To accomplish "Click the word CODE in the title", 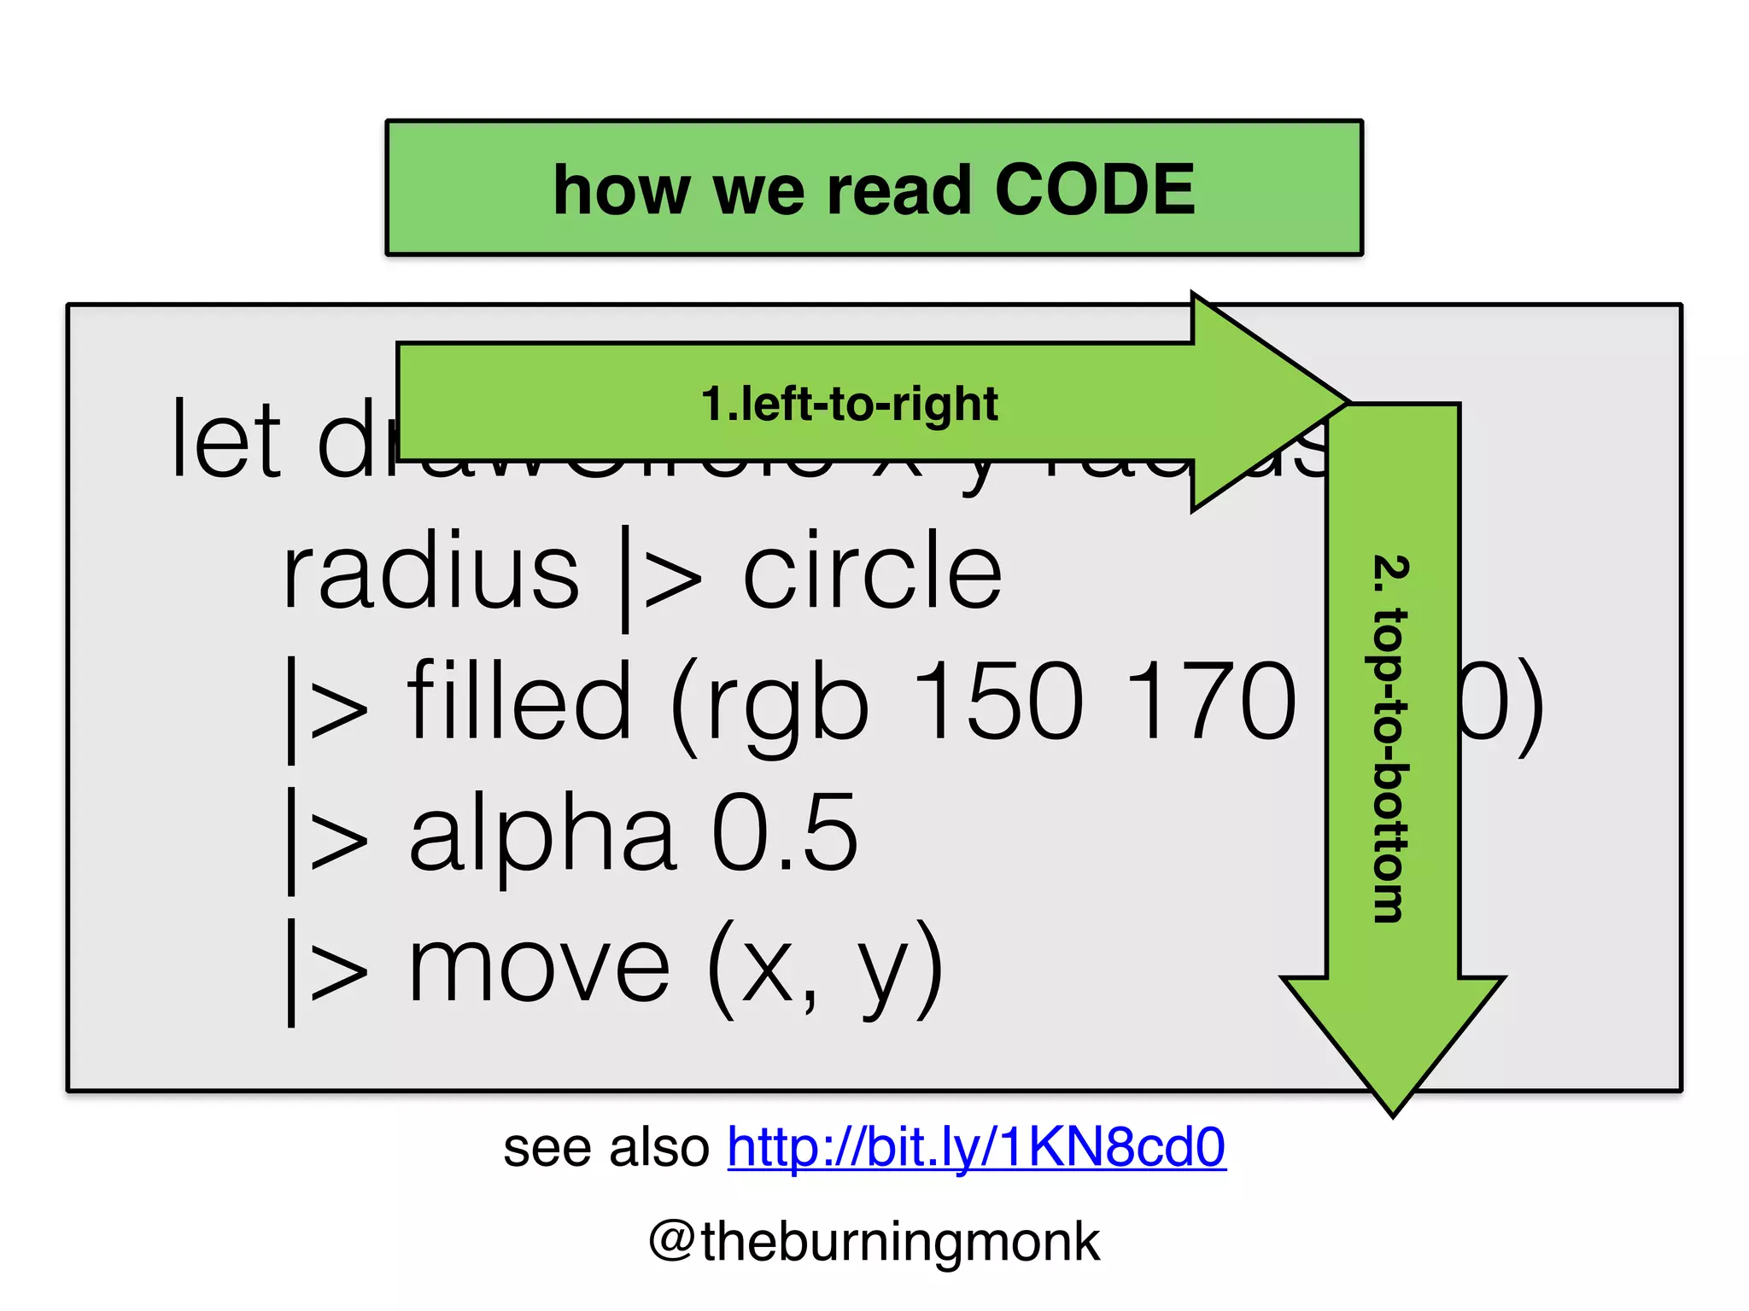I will point(1094,189).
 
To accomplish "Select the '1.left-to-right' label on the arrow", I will point(849,404).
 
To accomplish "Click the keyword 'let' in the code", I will point(225,440).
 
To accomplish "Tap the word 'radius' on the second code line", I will point(430,570).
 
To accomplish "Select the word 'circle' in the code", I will point(872,570).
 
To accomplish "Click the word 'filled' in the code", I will point(519,702).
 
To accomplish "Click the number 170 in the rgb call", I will point(1211,702).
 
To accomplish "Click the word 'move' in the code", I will point(540,966).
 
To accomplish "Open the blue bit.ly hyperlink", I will point(976,1146).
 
